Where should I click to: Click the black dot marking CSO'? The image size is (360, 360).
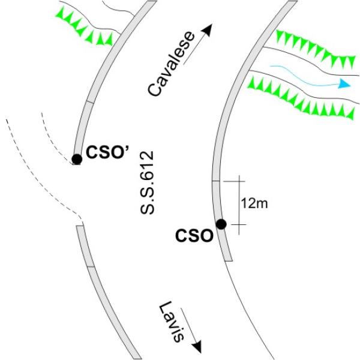coord(77,159)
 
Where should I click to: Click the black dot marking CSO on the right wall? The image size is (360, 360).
coord(221,224)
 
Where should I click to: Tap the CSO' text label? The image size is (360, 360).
coord(107,152)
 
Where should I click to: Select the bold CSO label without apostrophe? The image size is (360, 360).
coord(194,236)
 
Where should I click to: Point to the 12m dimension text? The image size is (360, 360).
coord(254,203)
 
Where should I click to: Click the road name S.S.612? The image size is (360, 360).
coord(147,182)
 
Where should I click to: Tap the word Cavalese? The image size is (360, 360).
coord(171,64)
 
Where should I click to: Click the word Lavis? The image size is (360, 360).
coord(172,322)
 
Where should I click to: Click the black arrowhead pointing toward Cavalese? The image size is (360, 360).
coord(207,29)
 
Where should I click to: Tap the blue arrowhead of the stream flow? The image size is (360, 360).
coord(344,84)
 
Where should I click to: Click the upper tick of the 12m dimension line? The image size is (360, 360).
coord(234,181)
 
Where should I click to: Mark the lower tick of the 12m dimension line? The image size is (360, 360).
coord(239,224)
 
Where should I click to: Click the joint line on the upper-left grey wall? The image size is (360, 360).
coord(90,103)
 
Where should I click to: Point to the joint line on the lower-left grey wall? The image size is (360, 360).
coord(91,267)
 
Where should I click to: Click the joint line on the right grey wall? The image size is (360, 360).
coord(215,181)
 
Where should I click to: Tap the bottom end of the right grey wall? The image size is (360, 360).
coord(229,261)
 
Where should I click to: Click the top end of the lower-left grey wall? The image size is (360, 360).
coord(80,226)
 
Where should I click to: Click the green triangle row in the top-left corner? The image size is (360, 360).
coord(84,26)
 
